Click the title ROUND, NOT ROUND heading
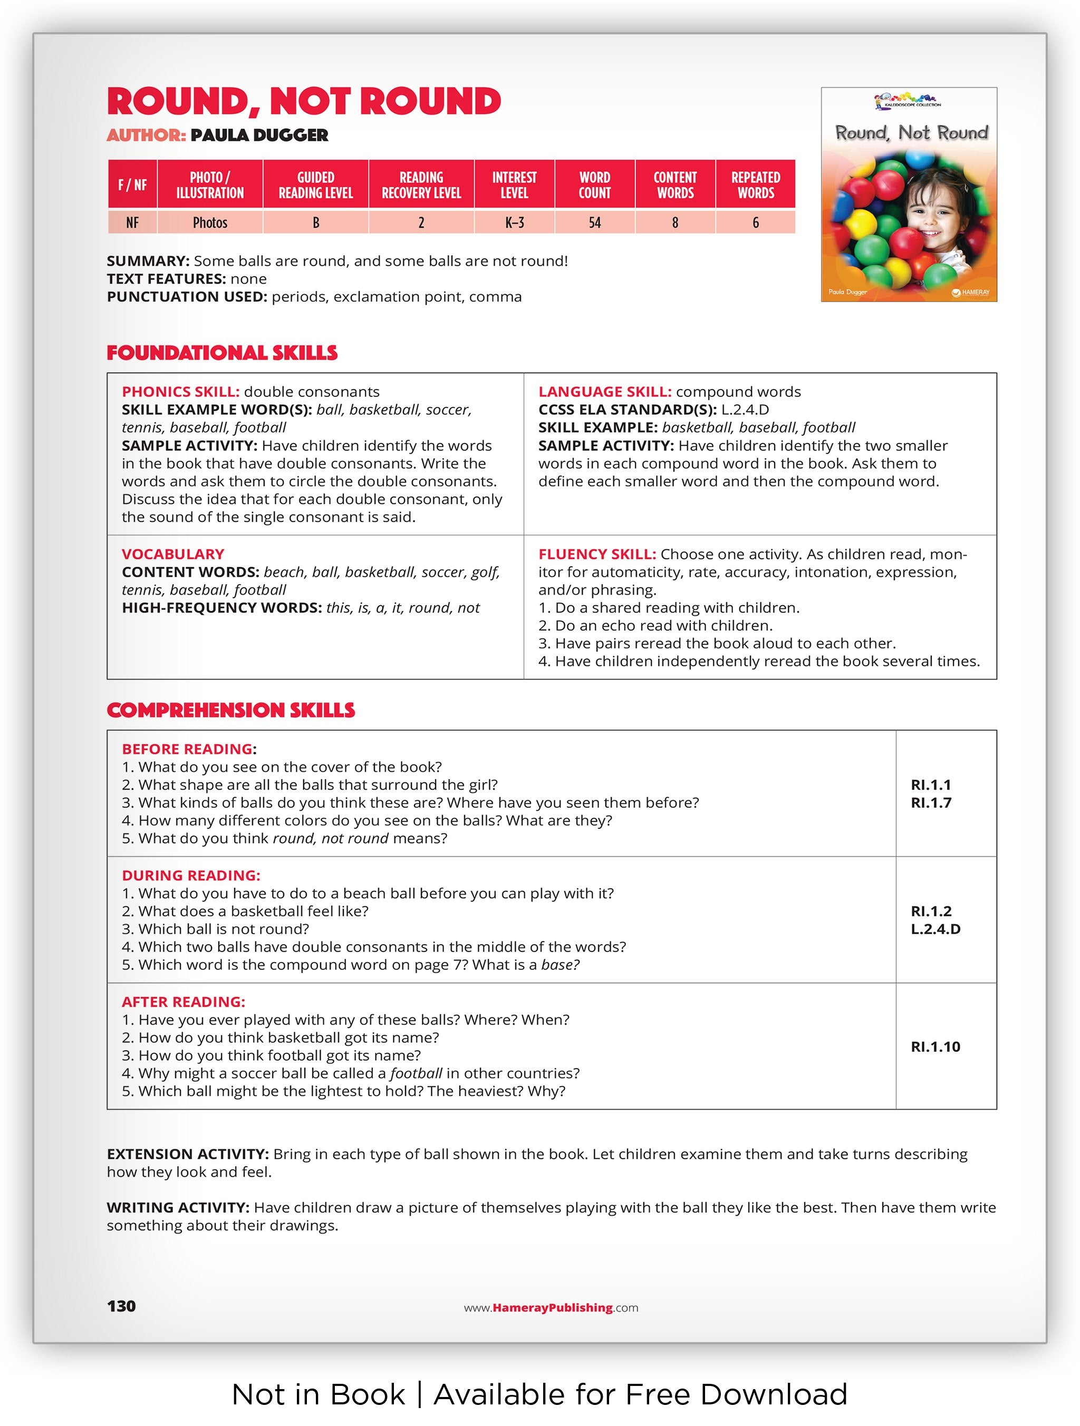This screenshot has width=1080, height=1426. point(304,101)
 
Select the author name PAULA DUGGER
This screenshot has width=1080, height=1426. point(259,135)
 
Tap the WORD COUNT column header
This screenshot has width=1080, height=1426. point(594,185)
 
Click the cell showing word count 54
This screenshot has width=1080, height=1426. point(594,223)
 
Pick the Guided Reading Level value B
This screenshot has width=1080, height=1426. point(316,223)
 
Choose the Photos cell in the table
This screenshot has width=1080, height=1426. point(210,223)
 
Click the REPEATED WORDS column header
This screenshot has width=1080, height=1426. point(755,185)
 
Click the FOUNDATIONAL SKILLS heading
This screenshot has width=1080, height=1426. point(223,353)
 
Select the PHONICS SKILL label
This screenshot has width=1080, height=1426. point(180,392)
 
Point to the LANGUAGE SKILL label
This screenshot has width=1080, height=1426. point(605,392)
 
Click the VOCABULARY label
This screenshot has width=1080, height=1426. point(173,555)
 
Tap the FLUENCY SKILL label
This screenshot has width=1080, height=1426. point(597,555)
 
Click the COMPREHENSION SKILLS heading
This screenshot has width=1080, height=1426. point(231,711)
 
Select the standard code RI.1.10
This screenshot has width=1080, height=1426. point(935,1047)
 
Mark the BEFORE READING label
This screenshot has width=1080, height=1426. point(188,749)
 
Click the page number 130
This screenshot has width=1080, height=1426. point(121,1307)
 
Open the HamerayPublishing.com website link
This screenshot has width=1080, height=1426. point(551,1308)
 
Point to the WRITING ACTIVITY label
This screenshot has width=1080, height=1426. point(178,1207)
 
